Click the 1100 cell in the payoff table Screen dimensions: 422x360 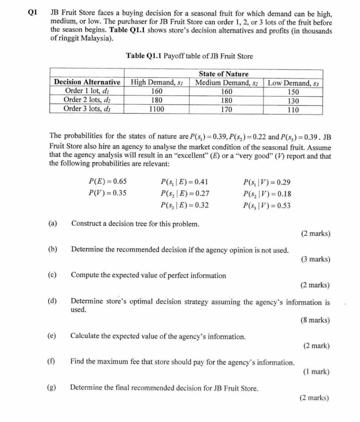[157, 110]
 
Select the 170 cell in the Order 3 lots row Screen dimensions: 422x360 [226, 110]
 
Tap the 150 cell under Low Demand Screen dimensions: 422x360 [293, 92]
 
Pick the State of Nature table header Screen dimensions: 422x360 [223, 74]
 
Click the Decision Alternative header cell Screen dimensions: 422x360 [87, 83]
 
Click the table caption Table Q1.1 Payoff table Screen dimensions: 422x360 [189, 56]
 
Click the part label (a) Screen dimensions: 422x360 [53, 223]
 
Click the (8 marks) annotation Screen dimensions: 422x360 [316, 320]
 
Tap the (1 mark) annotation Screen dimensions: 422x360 [316, 372]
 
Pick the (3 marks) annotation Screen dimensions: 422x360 [316, 259]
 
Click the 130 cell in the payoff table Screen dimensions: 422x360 [293, 101]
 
